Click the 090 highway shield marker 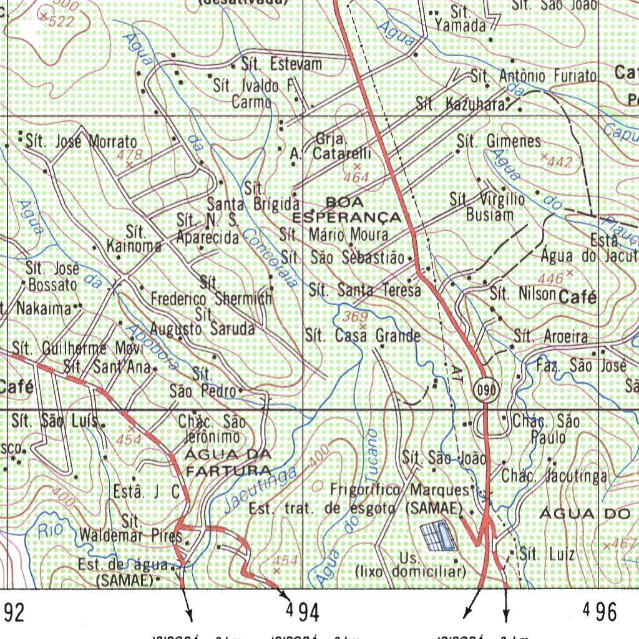coord(487,391)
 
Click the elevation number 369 coord(355,317)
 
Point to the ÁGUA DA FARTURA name coord(228,461)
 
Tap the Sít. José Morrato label coord(81,142)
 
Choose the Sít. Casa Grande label coord(363,336)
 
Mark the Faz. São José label coord(581,365)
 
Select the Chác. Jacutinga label coord(554,477)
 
